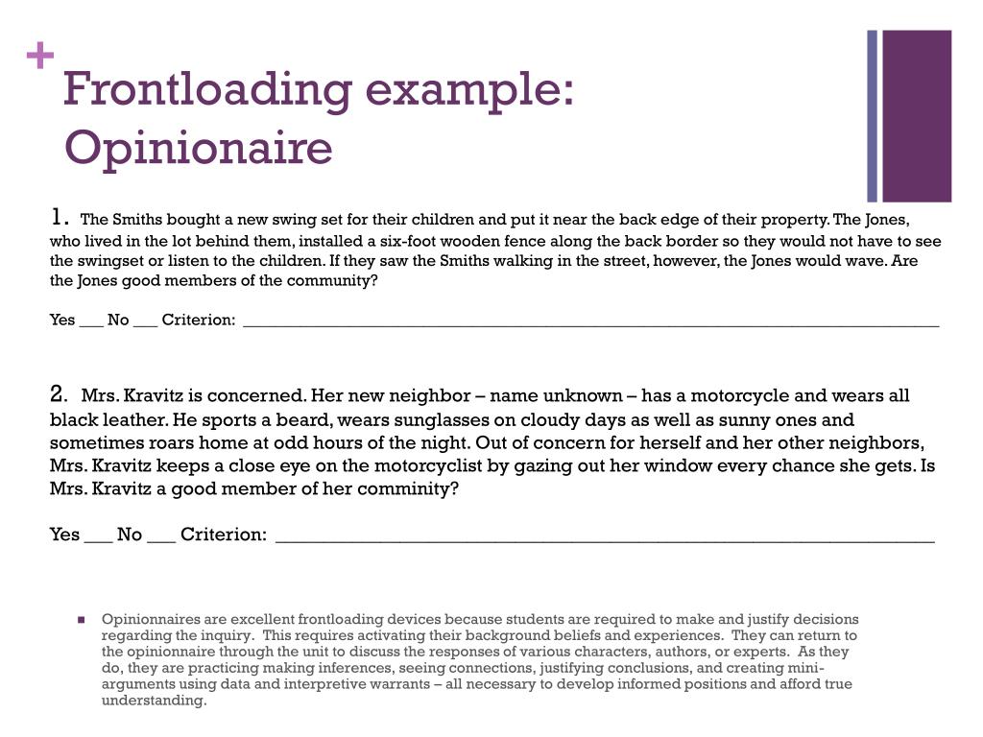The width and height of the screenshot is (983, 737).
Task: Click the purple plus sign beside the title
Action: click(x=40, y=58)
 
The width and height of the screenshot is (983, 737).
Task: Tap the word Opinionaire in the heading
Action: click(x=198, y=149)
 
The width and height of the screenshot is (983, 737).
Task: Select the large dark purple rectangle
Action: click(x=917, y=115)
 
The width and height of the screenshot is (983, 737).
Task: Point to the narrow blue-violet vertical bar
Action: click(x=873, y=115)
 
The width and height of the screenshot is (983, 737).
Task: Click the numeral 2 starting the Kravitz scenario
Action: click(x=60, y=394)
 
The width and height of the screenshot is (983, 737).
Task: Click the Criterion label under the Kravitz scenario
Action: click(x=224, y=535)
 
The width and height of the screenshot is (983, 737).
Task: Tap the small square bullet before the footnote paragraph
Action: click(x=83, y=619)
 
